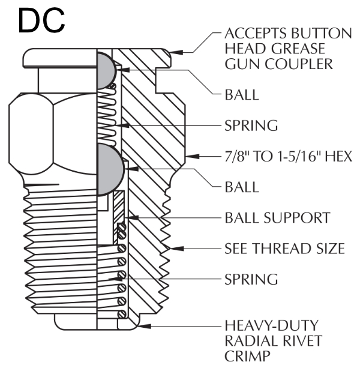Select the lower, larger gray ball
(109, 169)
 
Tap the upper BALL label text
(241, 95)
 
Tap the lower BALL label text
(241, 187)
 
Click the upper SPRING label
(251, 125)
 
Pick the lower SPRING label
(251, 279)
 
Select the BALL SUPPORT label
(277, 217)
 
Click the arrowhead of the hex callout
(188, 156)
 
